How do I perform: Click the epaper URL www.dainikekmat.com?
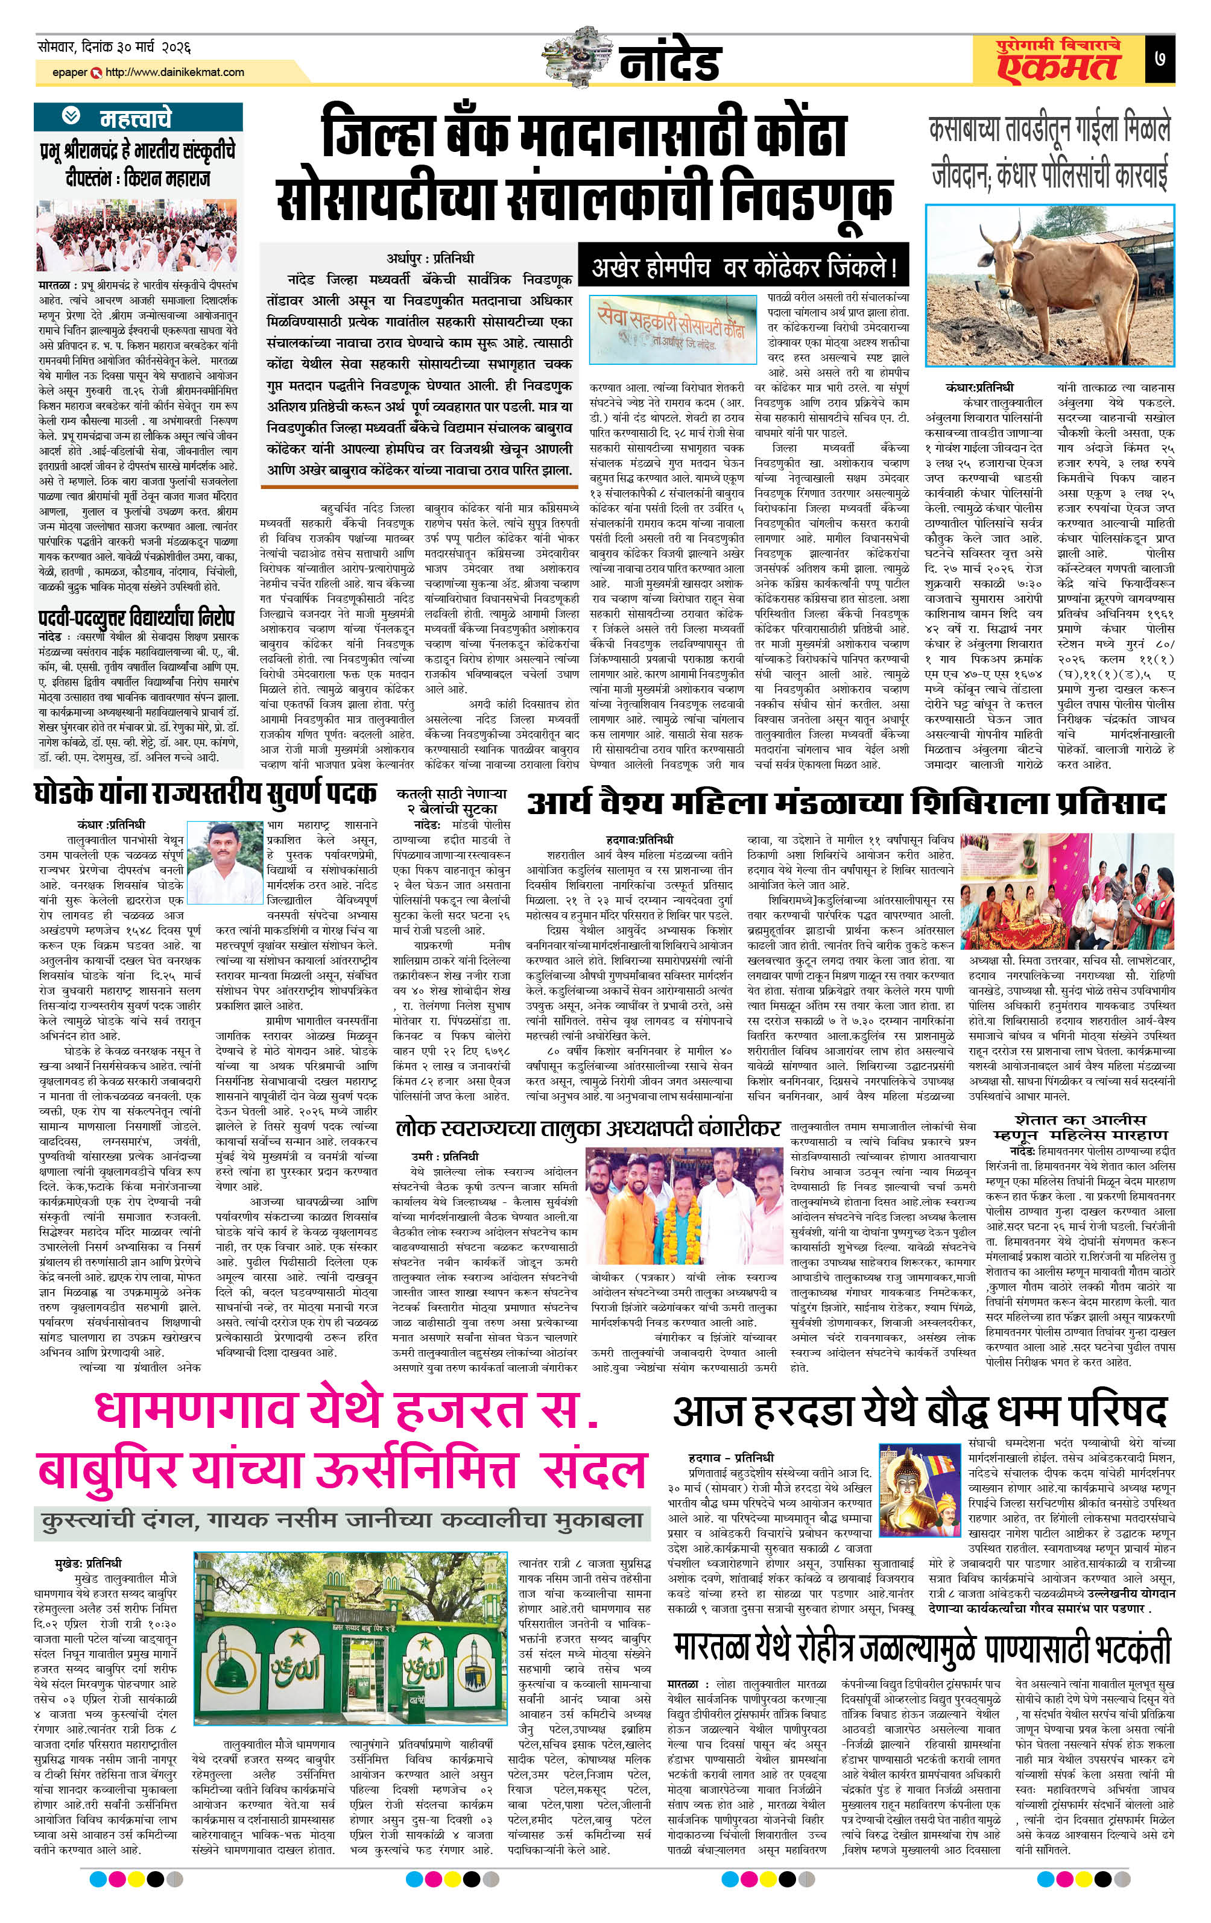(174, 72)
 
